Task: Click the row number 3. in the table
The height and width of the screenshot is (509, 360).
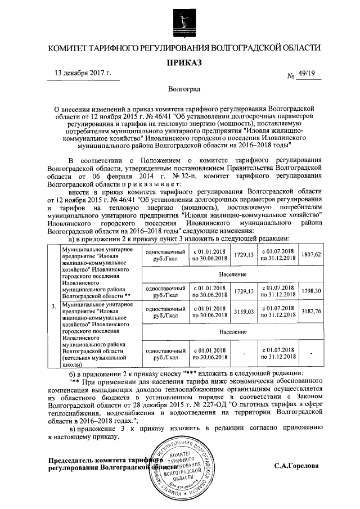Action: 53,307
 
